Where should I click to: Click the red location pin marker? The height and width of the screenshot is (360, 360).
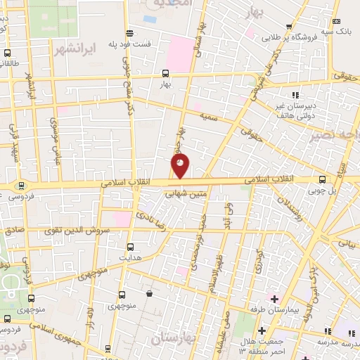pyautogui.click(x=181, y=166)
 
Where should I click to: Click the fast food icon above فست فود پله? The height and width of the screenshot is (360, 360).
pyautogui.click(x=129, y=32)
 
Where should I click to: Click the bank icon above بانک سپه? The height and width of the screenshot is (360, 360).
pyautogui.click(x=335, y=22)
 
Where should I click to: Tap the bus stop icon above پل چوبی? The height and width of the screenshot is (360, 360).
pyautogui.click(x=322, y=179)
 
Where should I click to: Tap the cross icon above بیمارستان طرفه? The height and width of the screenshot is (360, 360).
pyautogui.click(x=274, y=299)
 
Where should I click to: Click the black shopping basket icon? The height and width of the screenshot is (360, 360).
pyautogui.click(x=148, y=292)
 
